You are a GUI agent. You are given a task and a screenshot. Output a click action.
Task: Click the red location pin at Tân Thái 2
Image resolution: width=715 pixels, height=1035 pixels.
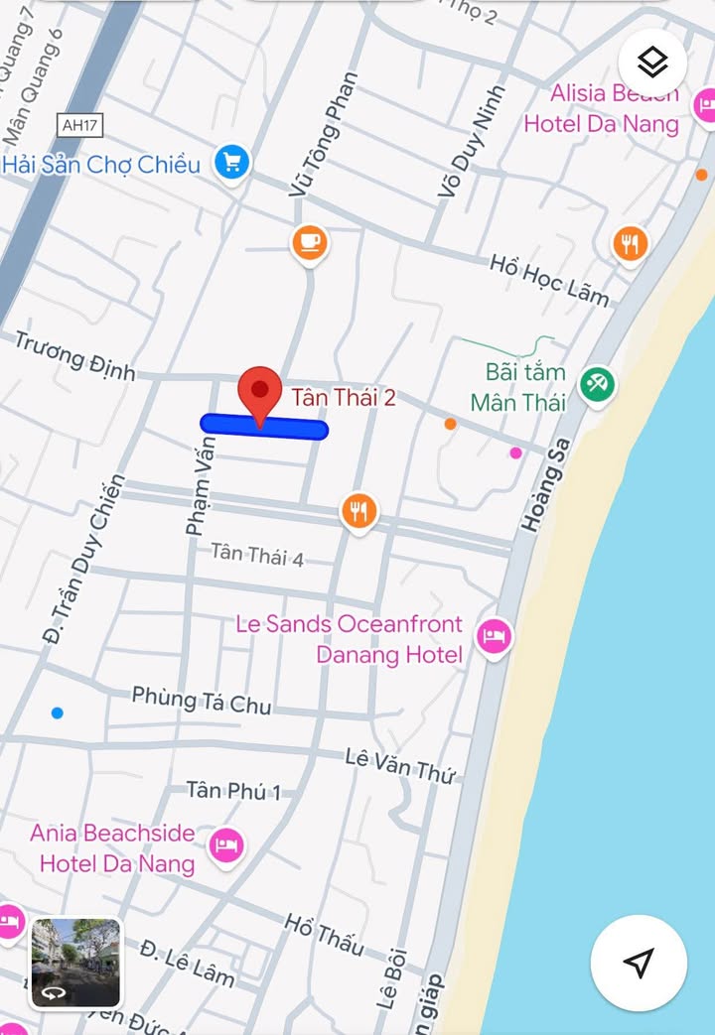tap(260, 390)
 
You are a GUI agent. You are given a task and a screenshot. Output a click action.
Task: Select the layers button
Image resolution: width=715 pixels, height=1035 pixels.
tap(652, 64)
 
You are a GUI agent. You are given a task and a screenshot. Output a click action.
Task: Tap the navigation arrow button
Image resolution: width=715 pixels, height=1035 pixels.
tap(640, 962)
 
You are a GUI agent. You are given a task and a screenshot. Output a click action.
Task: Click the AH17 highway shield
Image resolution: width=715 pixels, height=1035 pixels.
tap(80, 125)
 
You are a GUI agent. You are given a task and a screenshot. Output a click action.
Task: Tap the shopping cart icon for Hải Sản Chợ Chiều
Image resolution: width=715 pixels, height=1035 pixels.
tap(232, 162)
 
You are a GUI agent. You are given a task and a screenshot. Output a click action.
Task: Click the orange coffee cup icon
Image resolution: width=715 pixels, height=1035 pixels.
tap(310, 242)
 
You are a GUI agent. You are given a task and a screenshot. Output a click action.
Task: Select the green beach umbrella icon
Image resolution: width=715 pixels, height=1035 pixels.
tap(597, 384)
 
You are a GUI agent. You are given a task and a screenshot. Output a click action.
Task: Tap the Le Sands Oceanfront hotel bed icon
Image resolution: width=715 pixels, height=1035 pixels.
tap(494, 635)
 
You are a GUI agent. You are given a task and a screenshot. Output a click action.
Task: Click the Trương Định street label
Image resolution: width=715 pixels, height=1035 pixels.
tap(74, 355)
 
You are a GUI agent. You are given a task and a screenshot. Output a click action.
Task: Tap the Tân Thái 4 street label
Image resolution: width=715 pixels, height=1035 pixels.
tap(257, 554)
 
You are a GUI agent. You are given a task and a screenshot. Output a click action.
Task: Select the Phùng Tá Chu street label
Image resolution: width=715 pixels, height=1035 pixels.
tap(202, 700)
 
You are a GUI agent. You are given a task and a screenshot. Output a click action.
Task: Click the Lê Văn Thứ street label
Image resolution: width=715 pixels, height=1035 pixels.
tap(399, 765)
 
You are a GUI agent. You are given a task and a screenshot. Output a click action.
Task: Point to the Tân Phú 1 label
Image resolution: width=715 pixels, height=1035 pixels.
tap(234, 791)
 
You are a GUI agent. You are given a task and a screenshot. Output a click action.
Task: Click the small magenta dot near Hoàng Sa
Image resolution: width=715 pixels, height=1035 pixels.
tap(515, 453)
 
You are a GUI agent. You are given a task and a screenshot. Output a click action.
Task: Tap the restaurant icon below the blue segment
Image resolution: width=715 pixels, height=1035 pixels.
tap(358, 511)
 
